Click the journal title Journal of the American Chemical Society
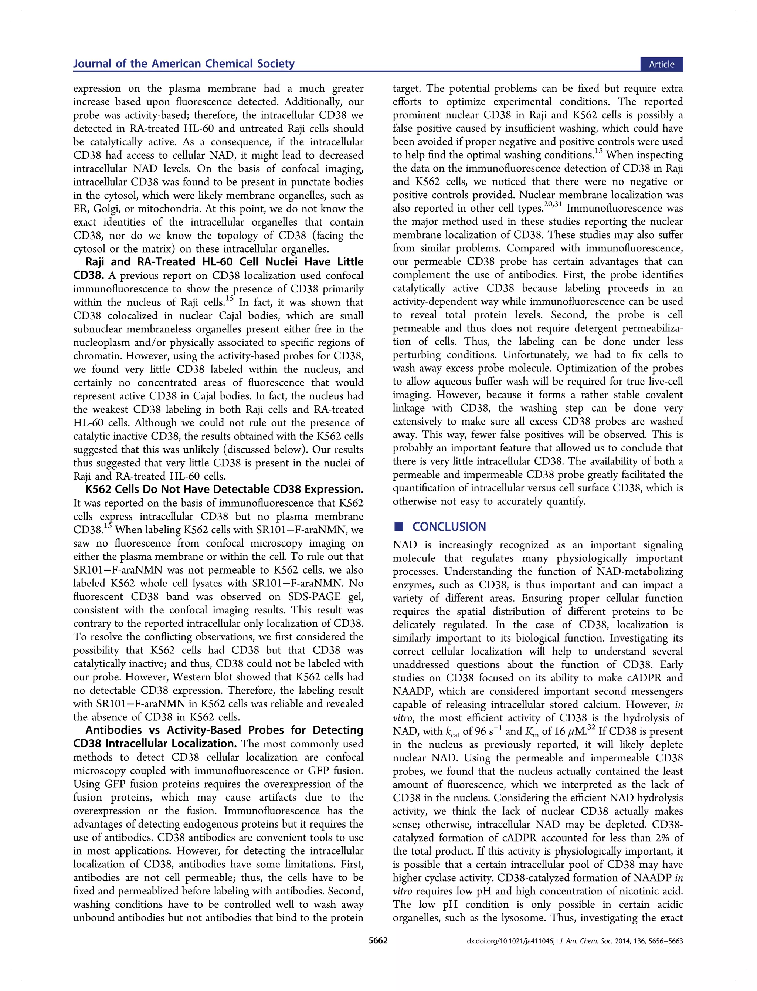[x=184, y=64]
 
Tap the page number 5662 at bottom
[x=378, y=941]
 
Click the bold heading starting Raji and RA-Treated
[x=224, y=262]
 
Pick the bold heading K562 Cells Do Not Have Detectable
[x=224, y=490]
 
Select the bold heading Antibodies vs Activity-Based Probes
[x=224, y=730]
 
